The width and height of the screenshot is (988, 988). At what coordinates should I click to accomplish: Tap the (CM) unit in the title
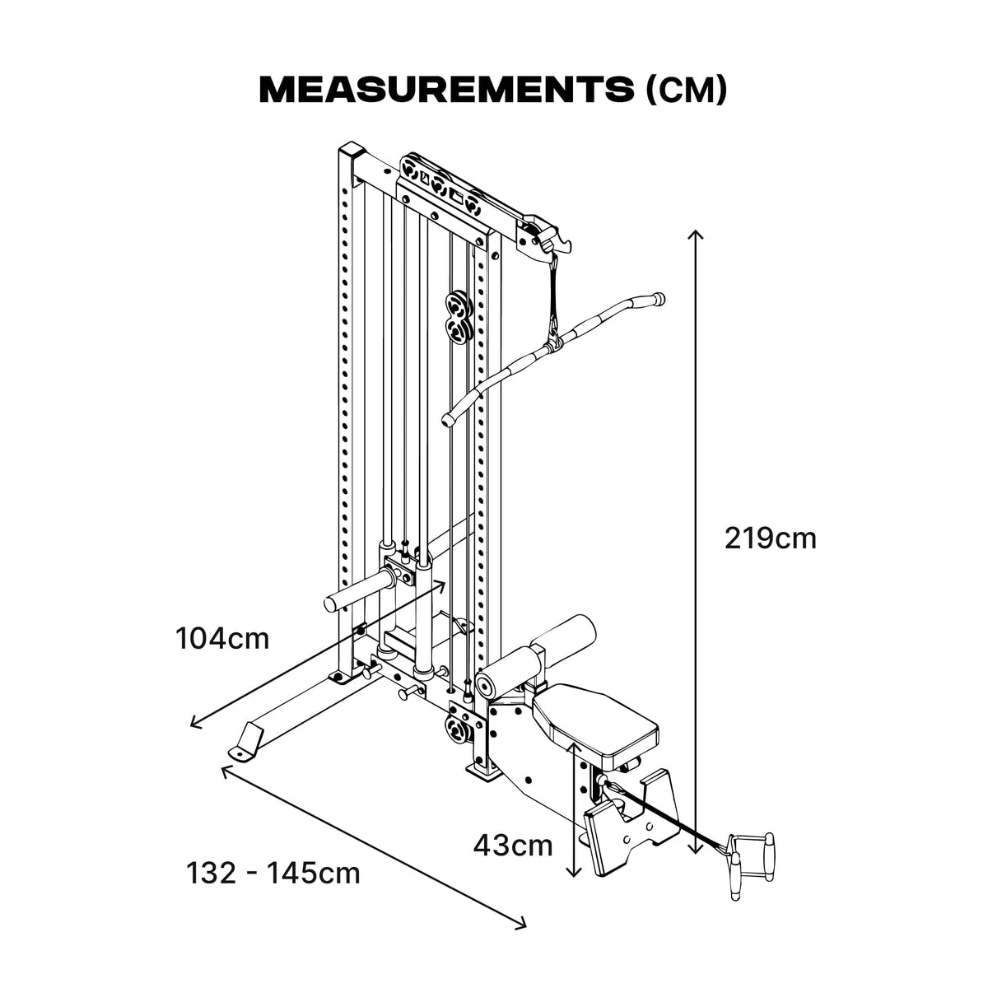click(x=686, y=91)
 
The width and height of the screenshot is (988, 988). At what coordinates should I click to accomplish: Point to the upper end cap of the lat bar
click(x=656, y=297)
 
